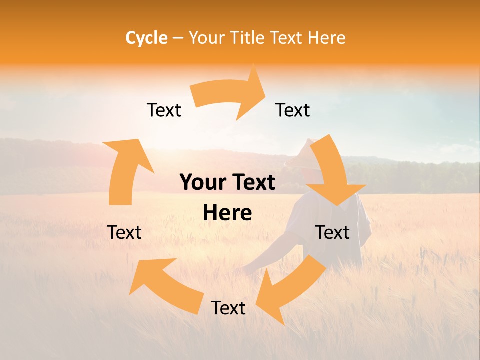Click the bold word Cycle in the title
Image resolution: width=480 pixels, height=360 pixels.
tap(146, 38)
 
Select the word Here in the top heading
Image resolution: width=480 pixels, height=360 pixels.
tap(327, 38)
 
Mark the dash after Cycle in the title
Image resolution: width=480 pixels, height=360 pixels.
tap(178, 38)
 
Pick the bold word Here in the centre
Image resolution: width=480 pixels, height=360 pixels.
tap(227, 213)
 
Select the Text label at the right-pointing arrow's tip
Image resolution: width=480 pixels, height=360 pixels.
tap(293, 110)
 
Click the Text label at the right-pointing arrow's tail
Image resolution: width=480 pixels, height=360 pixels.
tap(164, 110)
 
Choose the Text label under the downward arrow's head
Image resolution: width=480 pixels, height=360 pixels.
tap(332, 232)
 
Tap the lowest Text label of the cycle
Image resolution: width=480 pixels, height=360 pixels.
tap(228, 308)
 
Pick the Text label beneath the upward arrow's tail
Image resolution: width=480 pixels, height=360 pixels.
tap(124, 232)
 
